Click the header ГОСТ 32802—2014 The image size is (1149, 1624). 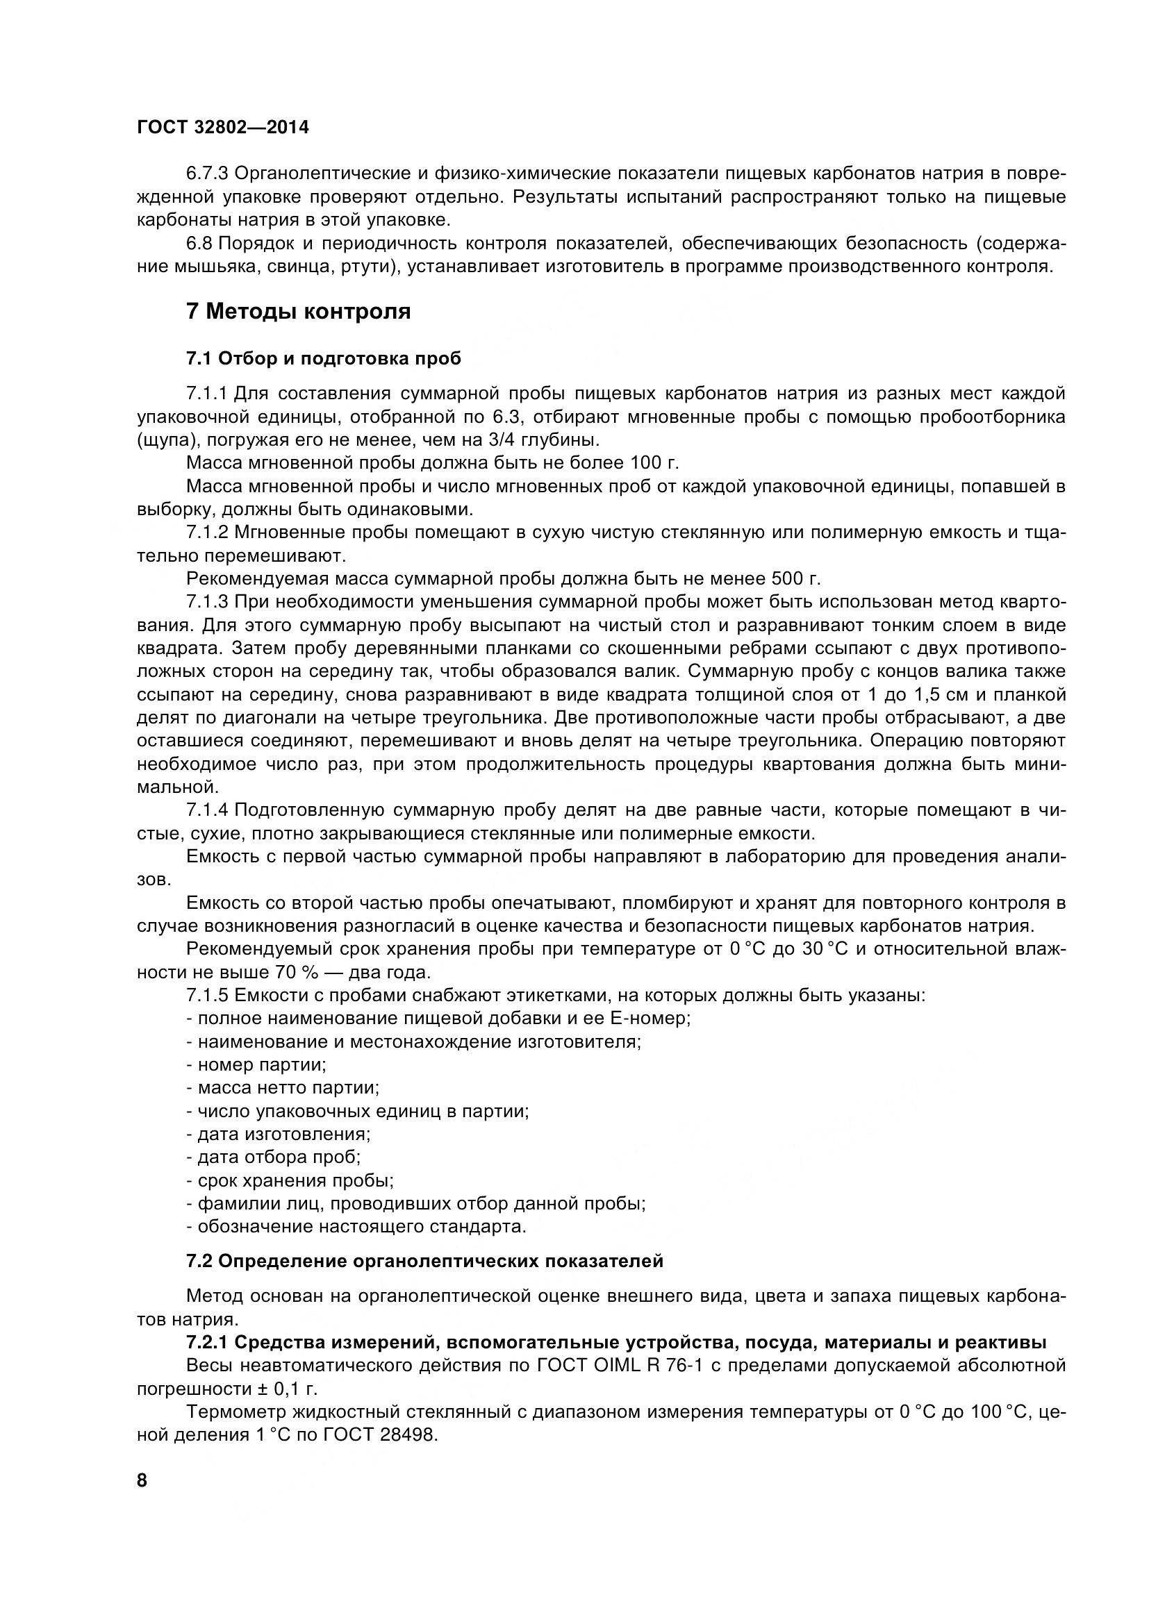pyautogui.click(x=223, y=127)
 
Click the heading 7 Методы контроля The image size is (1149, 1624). pyautogui.click(x=298, y=311)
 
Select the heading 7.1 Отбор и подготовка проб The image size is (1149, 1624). pyautogui.click(x=323, y=358)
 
